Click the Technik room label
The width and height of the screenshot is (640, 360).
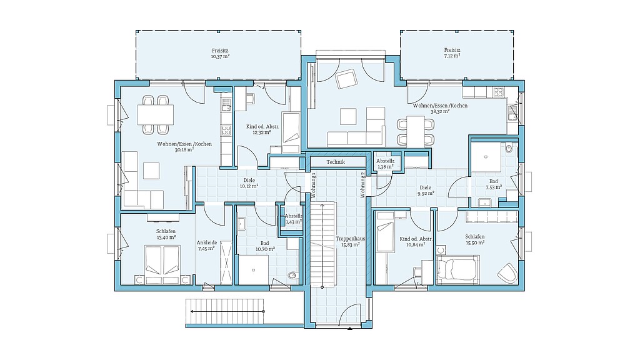point(336,162)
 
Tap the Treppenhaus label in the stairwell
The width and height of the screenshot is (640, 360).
point(350,239)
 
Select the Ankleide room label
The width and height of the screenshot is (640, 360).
point(206,242)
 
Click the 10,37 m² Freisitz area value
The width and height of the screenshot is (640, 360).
point(220,57)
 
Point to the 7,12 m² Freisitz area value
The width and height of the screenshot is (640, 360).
point(452,56)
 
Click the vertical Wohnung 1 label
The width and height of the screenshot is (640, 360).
point(314,185)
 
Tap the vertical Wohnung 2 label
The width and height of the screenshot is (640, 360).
point(362,185)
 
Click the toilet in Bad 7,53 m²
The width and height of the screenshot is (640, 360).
point(509,149)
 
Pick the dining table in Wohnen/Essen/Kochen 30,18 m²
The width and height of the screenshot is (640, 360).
point(156,114)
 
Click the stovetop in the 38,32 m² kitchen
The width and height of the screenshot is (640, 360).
point(499,92)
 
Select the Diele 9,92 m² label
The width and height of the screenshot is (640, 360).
point(425,191)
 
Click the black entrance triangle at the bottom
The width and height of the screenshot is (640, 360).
point(350,327)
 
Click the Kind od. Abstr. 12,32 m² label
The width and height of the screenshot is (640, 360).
point(262,129)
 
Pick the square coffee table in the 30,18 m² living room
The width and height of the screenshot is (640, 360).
point(151,170)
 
